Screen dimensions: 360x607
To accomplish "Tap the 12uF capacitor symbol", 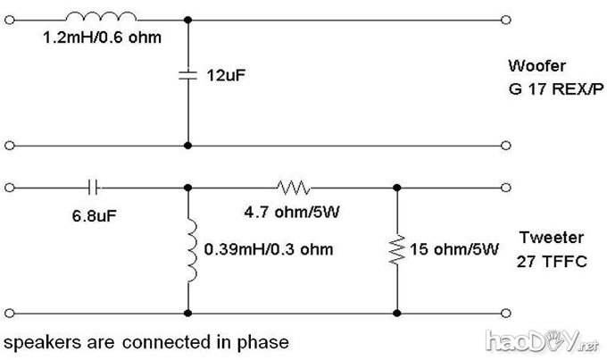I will (187, 76).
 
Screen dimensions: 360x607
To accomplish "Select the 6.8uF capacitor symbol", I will (95, 188).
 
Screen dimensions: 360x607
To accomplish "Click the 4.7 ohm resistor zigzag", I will (294, 188).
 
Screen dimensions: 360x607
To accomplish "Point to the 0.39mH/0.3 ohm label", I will (268, 249).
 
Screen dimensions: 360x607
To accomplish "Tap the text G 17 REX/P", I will (547, 86).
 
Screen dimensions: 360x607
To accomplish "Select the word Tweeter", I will (545, 239).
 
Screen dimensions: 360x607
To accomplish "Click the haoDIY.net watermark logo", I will (545, 340).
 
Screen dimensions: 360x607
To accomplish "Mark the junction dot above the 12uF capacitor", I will (187, 17).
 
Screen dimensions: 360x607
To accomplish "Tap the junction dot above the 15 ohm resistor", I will (396, 188).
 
